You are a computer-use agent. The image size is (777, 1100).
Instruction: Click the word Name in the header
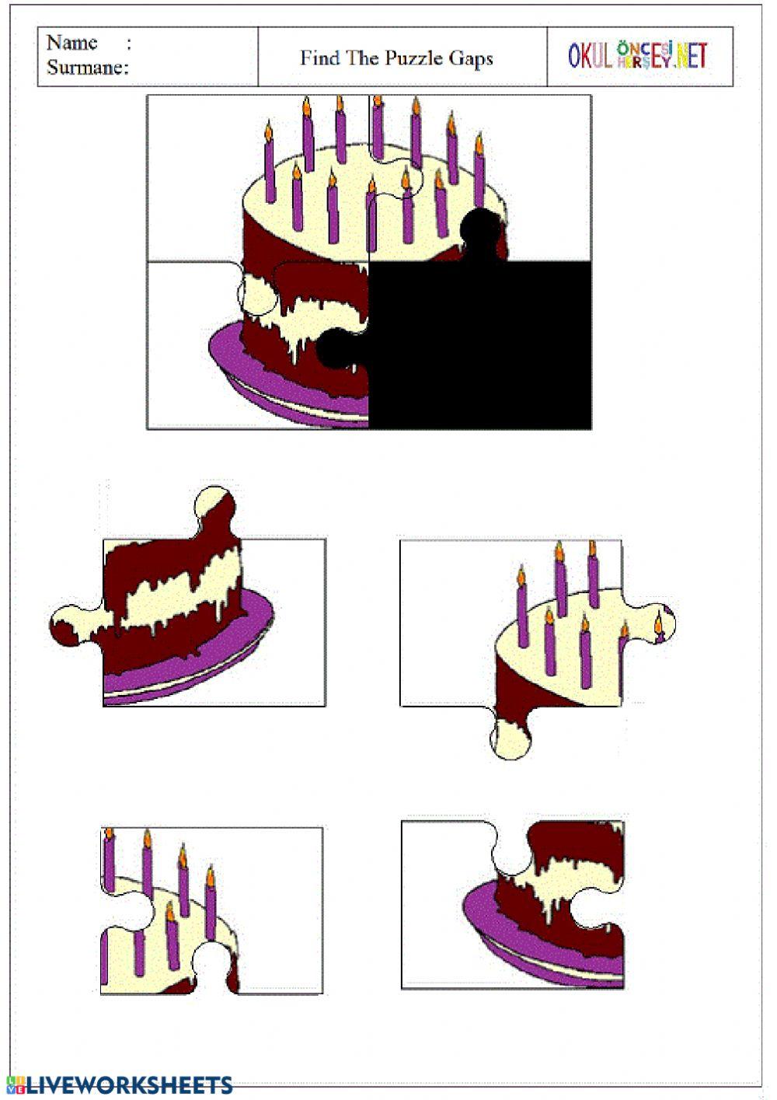point(71,44)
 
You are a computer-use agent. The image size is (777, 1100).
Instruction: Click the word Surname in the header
point(87,68)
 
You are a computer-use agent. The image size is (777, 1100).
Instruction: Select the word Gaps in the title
point(471,59)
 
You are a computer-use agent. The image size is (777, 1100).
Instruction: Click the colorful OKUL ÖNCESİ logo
point(638,55)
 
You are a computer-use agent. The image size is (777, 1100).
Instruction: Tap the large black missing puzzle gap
point(479,344)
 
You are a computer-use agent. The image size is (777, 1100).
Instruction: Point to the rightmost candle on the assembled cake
point(479,170)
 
